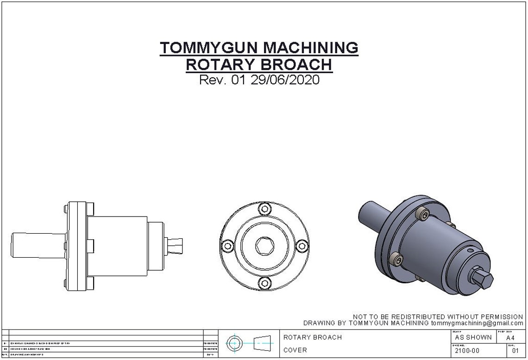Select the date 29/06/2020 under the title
point(285,80)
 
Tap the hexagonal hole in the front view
point(264,245)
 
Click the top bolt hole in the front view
point(264,209)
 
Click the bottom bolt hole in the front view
point(264,282)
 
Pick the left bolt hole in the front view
point(227,245)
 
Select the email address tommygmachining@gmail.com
point(477,323)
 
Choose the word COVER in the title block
point(295,350)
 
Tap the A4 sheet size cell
point(510,338)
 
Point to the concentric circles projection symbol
point(234,343)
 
